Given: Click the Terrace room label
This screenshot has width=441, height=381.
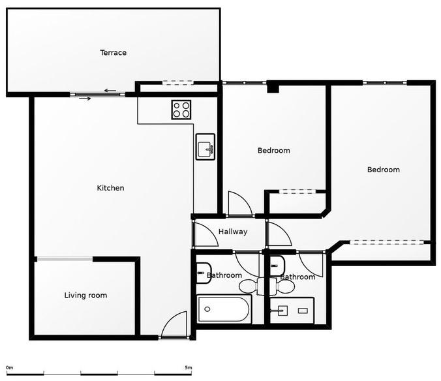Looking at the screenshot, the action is (x=113, y=53).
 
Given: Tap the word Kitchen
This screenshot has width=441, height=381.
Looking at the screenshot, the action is (x=110, y=188).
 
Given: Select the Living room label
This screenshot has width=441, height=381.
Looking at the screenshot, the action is (x=85, y=296).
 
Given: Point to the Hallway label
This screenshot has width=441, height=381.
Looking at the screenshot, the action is (x=233, y=232).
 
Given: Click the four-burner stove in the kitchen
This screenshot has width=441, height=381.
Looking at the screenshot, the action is (x=181, y=110).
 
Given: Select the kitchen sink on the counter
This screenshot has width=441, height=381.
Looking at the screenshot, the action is (x=205, y=147).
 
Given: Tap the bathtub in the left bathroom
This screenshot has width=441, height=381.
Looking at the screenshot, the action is (x=224, y=309).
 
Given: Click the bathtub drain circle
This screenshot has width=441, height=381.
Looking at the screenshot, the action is (x=207, y=309).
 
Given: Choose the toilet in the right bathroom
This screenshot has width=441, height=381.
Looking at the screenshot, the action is (x=282, y=286).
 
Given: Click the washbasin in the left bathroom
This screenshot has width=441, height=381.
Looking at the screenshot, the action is (x=204, y=273).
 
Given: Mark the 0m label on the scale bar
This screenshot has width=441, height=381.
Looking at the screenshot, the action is (x=10, y=367).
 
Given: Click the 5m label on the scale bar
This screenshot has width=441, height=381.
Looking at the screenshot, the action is (x=189, y=367).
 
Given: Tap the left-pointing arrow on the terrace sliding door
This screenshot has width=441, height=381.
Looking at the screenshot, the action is (x=110, y=91).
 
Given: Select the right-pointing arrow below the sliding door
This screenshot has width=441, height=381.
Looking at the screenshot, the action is (x=85, y=99).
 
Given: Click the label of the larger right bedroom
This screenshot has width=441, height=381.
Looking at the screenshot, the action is (x=384, y=170).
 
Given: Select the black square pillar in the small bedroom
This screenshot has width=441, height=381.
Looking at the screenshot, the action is (x=273, y=88).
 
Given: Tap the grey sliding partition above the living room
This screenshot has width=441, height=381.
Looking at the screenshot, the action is (x=65, y=259).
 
